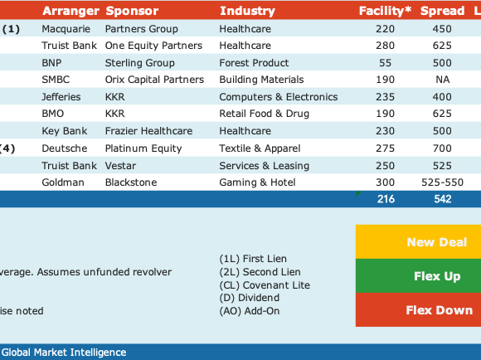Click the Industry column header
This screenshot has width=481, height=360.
coord(247,11)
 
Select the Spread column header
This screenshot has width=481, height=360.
coord(442,11)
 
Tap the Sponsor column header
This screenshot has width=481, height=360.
coord(132,11)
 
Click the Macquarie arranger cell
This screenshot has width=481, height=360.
coord(66,29)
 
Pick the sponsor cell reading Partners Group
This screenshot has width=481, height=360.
coord(142,29)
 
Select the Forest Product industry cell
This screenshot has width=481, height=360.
coord(254,63)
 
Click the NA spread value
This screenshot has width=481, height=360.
coord(443,80)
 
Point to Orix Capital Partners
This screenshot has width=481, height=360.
coord(154,80)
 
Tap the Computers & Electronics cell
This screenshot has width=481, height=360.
coord(279,97)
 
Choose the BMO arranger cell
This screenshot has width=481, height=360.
coord(53,114)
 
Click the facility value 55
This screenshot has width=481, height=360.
coord(386,63)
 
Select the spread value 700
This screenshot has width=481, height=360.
coord(442,148)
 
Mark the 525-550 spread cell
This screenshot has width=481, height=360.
coord(442,182)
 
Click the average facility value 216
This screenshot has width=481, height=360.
coord(386,199)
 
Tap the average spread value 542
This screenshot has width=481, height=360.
coord(443,199)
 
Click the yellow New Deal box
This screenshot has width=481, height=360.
coord(419,242)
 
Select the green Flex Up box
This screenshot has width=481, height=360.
coord(419,276)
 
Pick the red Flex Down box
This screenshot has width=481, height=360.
coord(419,309)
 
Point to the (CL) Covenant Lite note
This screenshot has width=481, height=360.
coord(265,285)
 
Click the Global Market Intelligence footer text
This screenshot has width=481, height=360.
coord(64,353)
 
